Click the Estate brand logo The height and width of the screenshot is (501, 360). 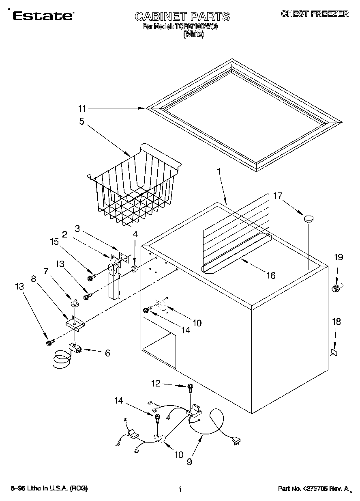[x=43, y=16]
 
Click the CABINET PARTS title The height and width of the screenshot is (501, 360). [x=182, y=17]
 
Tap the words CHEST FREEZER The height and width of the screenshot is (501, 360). [x=315, y=14]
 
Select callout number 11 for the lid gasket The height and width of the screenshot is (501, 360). [x=82, y=108]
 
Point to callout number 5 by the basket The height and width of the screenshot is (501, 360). [x=82, y=121]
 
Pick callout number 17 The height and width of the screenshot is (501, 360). [x=277, y=196]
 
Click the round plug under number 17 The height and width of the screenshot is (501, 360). [x=309, y=219]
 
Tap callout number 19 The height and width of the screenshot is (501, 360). [x=339, y=257]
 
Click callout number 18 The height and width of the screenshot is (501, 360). [x=336, y=322]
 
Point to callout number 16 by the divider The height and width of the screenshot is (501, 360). [x=271, y=276]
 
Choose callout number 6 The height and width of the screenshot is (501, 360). [x=107, y=353]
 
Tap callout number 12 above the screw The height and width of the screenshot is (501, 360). [x=156, y=382]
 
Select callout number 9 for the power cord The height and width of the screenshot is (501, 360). [x=189, y=462]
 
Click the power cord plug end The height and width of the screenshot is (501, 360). [x=235, y=441]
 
